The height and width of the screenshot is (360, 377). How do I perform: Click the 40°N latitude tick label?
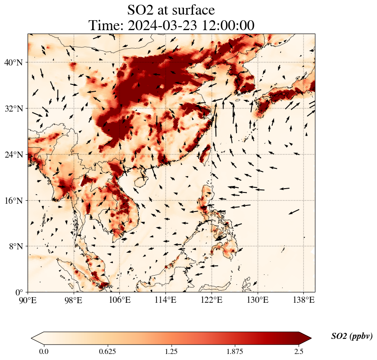(13, 62)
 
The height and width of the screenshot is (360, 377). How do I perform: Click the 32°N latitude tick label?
(13, 109)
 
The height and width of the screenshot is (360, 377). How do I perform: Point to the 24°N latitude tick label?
(13, 155)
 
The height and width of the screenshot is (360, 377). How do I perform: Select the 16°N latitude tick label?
(13, 201)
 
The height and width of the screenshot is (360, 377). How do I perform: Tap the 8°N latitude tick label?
(15, 246)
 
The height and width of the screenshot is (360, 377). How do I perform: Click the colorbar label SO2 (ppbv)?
(352, 336)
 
